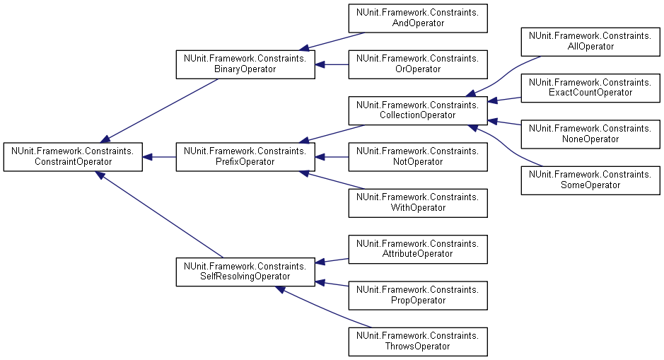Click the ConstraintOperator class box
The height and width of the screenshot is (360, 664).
[x=73, y=156]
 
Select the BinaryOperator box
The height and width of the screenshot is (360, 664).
[x=245, y=64]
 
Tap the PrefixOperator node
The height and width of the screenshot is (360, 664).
[x=245, y=156]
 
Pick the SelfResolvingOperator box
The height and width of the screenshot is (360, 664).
[x=245, y=272]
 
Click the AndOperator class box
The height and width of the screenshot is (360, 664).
[x=418, y=18]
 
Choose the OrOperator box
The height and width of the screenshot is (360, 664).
[x=418, y=64]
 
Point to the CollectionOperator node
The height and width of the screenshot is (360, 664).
[x=418, y=110]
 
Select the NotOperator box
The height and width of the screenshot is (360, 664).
[x=418, y=156]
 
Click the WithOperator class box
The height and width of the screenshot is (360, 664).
[x=418, y=202]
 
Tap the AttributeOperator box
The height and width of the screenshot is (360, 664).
[x=418, y=248]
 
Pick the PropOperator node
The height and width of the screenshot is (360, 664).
[x=418, y=295]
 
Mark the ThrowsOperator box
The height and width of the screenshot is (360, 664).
[x=418, y=341]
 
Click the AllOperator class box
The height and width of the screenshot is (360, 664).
[x=590, y=41]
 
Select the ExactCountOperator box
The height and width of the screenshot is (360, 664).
[x=590, y=87]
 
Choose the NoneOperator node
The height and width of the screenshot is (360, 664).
[x=590, y=133]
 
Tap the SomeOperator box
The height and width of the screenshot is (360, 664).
[x=590, y=179]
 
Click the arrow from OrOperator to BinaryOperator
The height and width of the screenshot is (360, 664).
[x=332, y=64]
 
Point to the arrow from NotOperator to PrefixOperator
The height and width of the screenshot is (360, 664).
[x=332, y=156]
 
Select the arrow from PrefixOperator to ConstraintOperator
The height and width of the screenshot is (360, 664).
[x=159, y=156]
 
